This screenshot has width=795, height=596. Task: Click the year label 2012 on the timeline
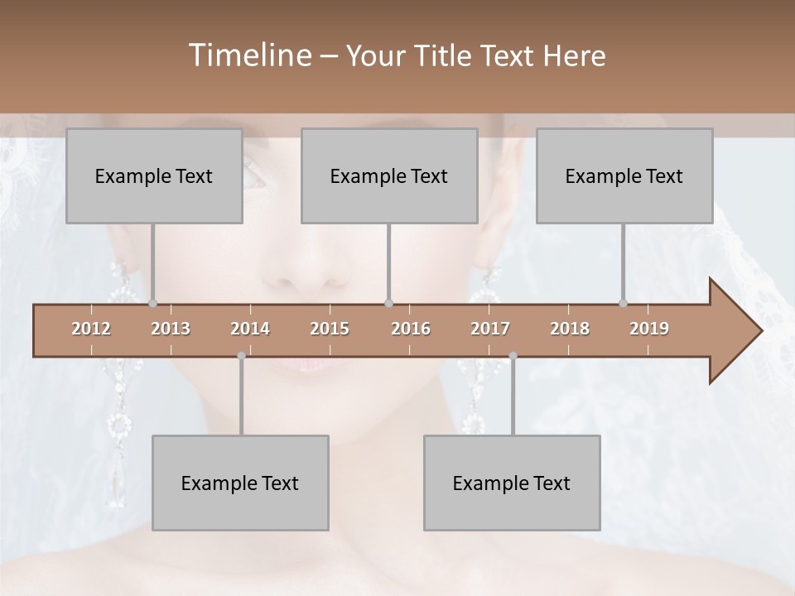[x=91, y=329]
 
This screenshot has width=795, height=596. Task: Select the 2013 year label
[x=171, y=329]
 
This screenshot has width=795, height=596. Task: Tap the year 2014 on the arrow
[x=250, y=329]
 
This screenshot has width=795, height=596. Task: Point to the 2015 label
[x=330, y=329]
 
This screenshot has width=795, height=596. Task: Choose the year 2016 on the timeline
[x=411, y=329]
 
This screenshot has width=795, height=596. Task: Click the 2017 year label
[x=490, y=329]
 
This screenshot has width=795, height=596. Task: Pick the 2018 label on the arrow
[x=570, y=329]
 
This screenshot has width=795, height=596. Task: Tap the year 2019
[x=649, y=329]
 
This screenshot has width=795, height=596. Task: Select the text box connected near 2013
[x=154, y=175]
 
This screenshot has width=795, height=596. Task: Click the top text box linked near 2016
[x=389, y=175]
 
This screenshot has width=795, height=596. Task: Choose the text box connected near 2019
[x=624, y=175]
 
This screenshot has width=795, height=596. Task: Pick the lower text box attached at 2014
[x=240, y=483]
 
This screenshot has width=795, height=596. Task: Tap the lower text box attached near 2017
[x=512, y=483]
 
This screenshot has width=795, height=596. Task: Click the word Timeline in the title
[x=248, y=55]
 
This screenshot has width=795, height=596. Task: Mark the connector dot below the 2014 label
[x=241, y=356]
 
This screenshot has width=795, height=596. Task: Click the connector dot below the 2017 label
[x=513, y=356]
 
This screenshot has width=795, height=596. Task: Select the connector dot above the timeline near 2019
[x=624, y=304]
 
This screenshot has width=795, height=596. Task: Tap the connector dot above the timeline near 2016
[x=389, y=304]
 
